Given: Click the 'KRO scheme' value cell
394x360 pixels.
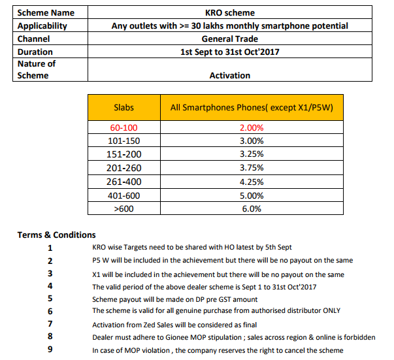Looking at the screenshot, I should point(229,12).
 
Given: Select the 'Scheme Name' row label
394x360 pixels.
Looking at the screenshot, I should point(46,12).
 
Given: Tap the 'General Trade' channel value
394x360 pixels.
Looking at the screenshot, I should point(229,39).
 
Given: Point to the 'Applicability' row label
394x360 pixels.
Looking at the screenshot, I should point(42,25).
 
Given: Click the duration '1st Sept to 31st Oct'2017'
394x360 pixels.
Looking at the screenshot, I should point(229,52).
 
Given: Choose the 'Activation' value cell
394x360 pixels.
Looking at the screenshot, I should point(229,75).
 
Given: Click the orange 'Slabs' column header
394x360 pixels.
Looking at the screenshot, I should point(124,107).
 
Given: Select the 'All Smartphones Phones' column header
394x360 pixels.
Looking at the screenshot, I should point(252,107).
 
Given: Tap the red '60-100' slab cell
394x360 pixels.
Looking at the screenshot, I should point(124,127).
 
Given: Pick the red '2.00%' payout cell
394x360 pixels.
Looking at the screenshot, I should point(252,127).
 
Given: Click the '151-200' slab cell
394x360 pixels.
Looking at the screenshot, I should point(124,154).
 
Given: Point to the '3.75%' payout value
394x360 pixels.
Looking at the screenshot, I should point(252,168).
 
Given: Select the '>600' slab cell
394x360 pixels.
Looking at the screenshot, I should point(124,208).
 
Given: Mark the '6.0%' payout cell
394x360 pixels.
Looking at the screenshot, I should point(252,208).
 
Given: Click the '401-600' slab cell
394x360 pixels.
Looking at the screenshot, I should point(124,195).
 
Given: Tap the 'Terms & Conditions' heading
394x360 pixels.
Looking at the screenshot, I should point(56,235).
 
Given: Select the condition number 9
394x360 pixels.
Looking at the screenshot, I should point(50,350).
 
